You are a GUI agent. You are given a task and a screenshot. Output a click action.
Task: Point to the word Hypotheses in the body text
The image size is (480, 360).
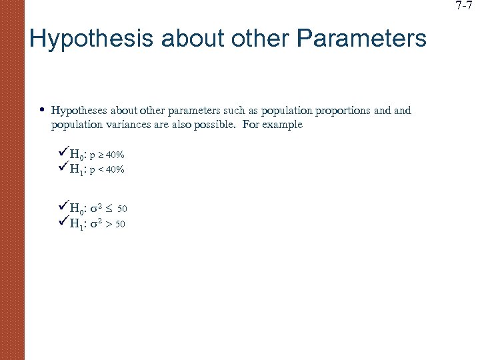point(78,111)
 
